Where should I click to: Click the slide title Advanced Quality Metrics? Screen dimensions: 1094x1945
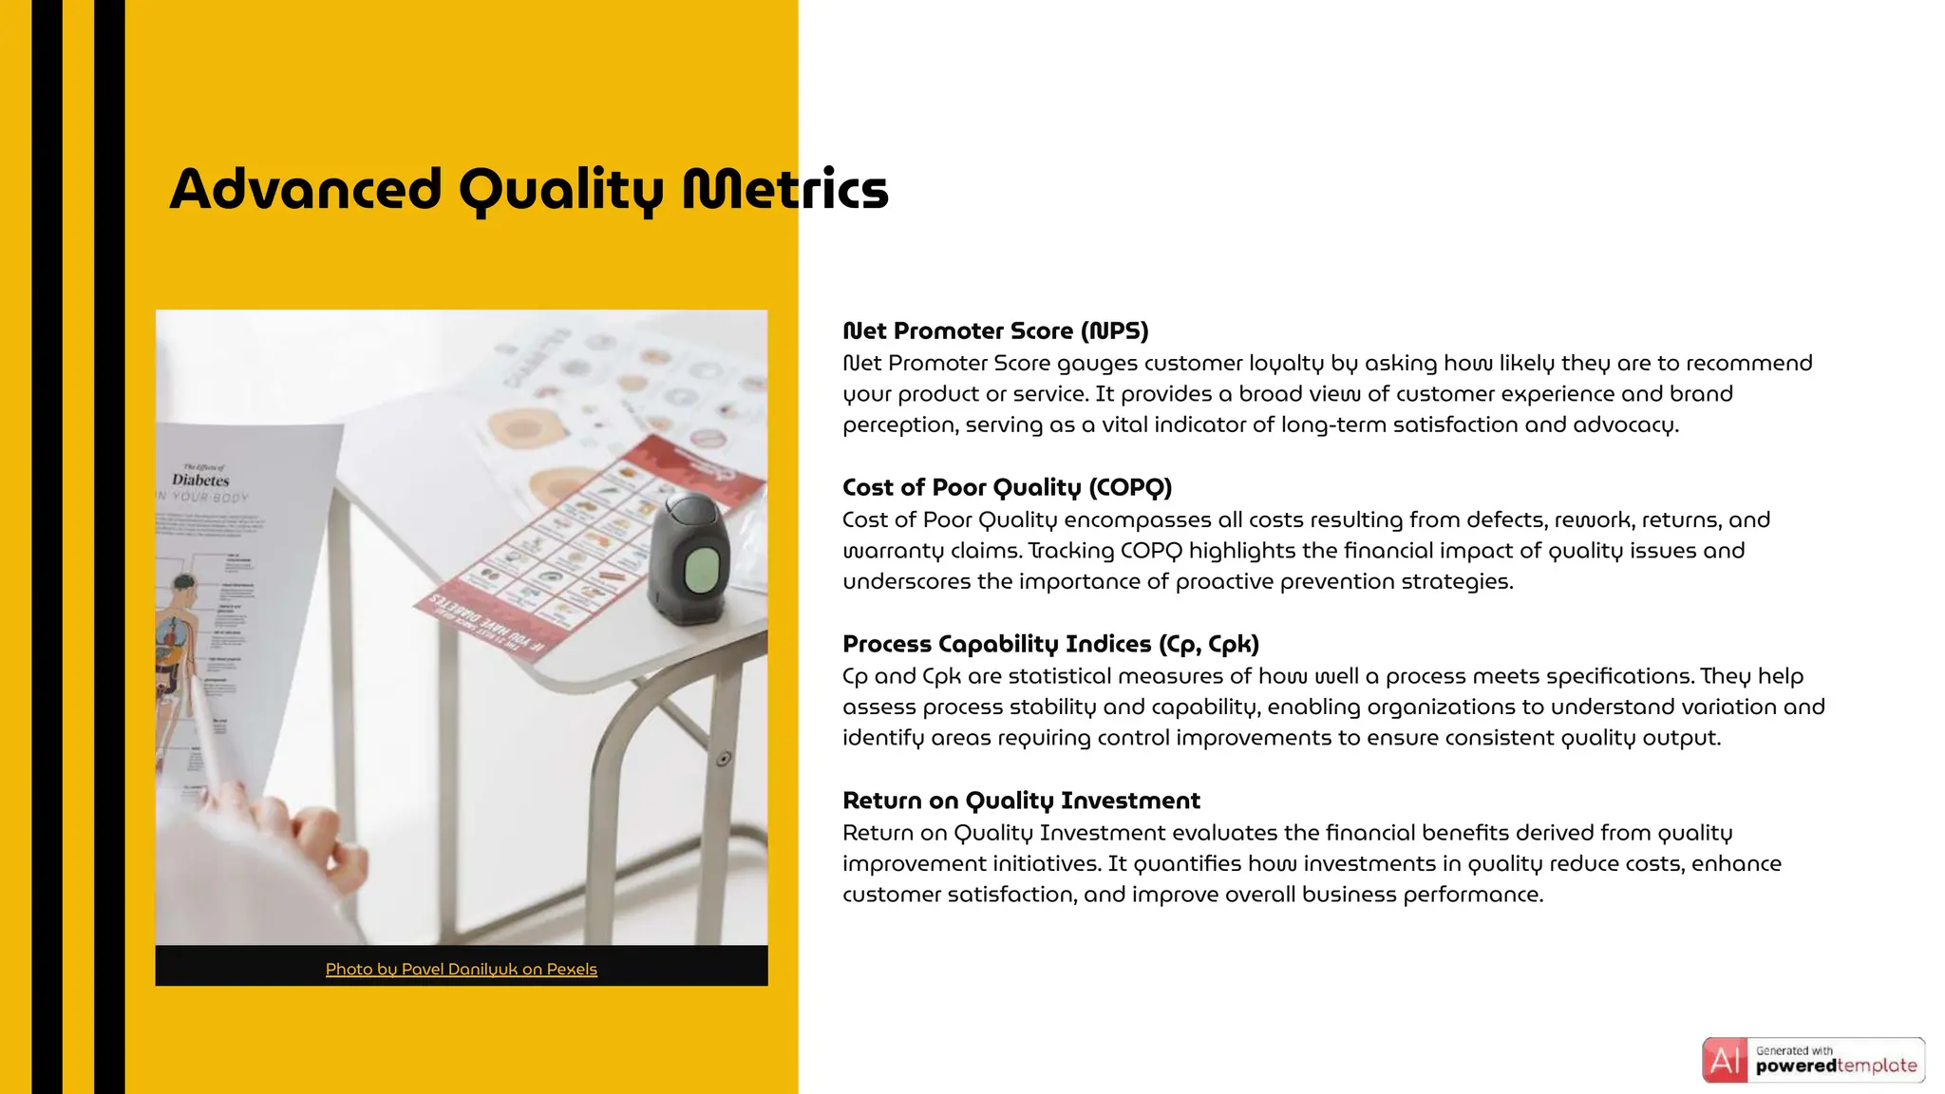(x=529, y=189)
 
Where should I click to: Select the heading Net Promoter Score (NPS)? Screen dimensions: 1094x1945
(x=995, y=331)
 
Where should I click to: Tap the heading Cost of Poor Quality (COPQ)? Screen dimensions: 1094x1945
(x=1007, y=488)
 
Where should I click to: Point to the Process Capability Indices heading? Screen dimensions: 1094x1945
(x=1050, y=645)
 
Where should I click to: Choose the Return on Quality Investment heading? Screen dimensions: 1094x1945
(x=1021, y=802)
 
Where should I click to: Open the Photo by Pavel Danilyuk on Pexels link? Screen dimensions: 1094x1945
(x=461, y=970)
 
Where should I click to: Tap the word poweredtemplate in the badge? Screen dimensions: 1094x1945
(x=1836, y=1066)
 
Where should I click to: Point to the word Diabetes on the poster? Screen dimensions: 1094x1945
(x=200, y=481)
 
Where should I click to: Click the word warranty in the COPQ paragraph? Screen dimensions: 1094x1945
(x=882, y=552)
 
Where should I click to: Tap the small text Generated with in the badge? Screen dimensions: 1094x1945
(x=1794, y=1050)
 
